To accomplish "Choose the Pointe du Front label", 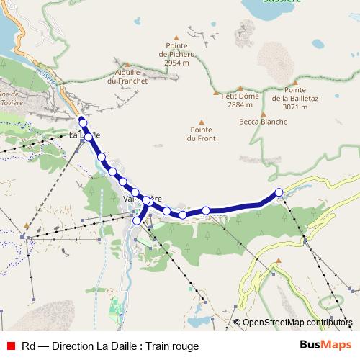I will click(x=201, y=133).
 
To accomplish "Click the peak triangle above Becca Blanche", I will click(x=264, y=113).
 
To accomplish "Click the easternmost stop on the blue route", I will click(x=279, y=192).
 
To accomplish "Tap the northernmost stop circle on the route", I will click(x=83, y=122).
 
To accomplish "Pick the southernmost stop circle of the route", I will click(x=137, y=221).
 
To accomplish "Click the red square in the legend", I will click(x=10, y=346).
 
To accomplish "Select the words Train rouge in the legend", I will click(x=172, y=346).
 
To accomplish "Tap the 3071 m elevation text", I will click(x=295, y=107).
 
